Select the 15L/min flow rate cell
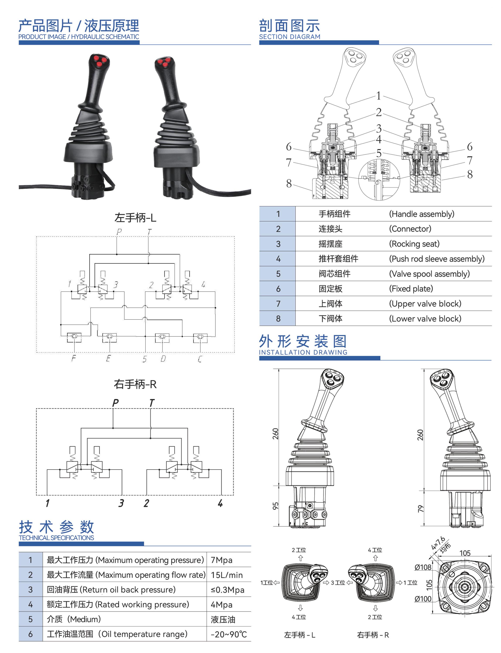click(227, 575)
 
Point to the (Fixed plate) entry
click(411, 288)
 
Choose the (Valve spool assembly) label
click(429, 274)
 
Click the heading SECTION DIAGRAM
click(289, 37)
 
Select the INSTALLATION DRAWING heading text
click(303, 352)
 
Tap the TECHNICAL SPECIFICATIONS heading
click(56, 538)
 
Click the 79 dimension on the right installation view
click(420, 508)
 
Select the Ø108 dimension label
click(423, 567)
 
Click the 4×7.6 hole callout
click(438, 543)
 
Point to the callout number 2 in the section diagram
click(378, 112)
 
